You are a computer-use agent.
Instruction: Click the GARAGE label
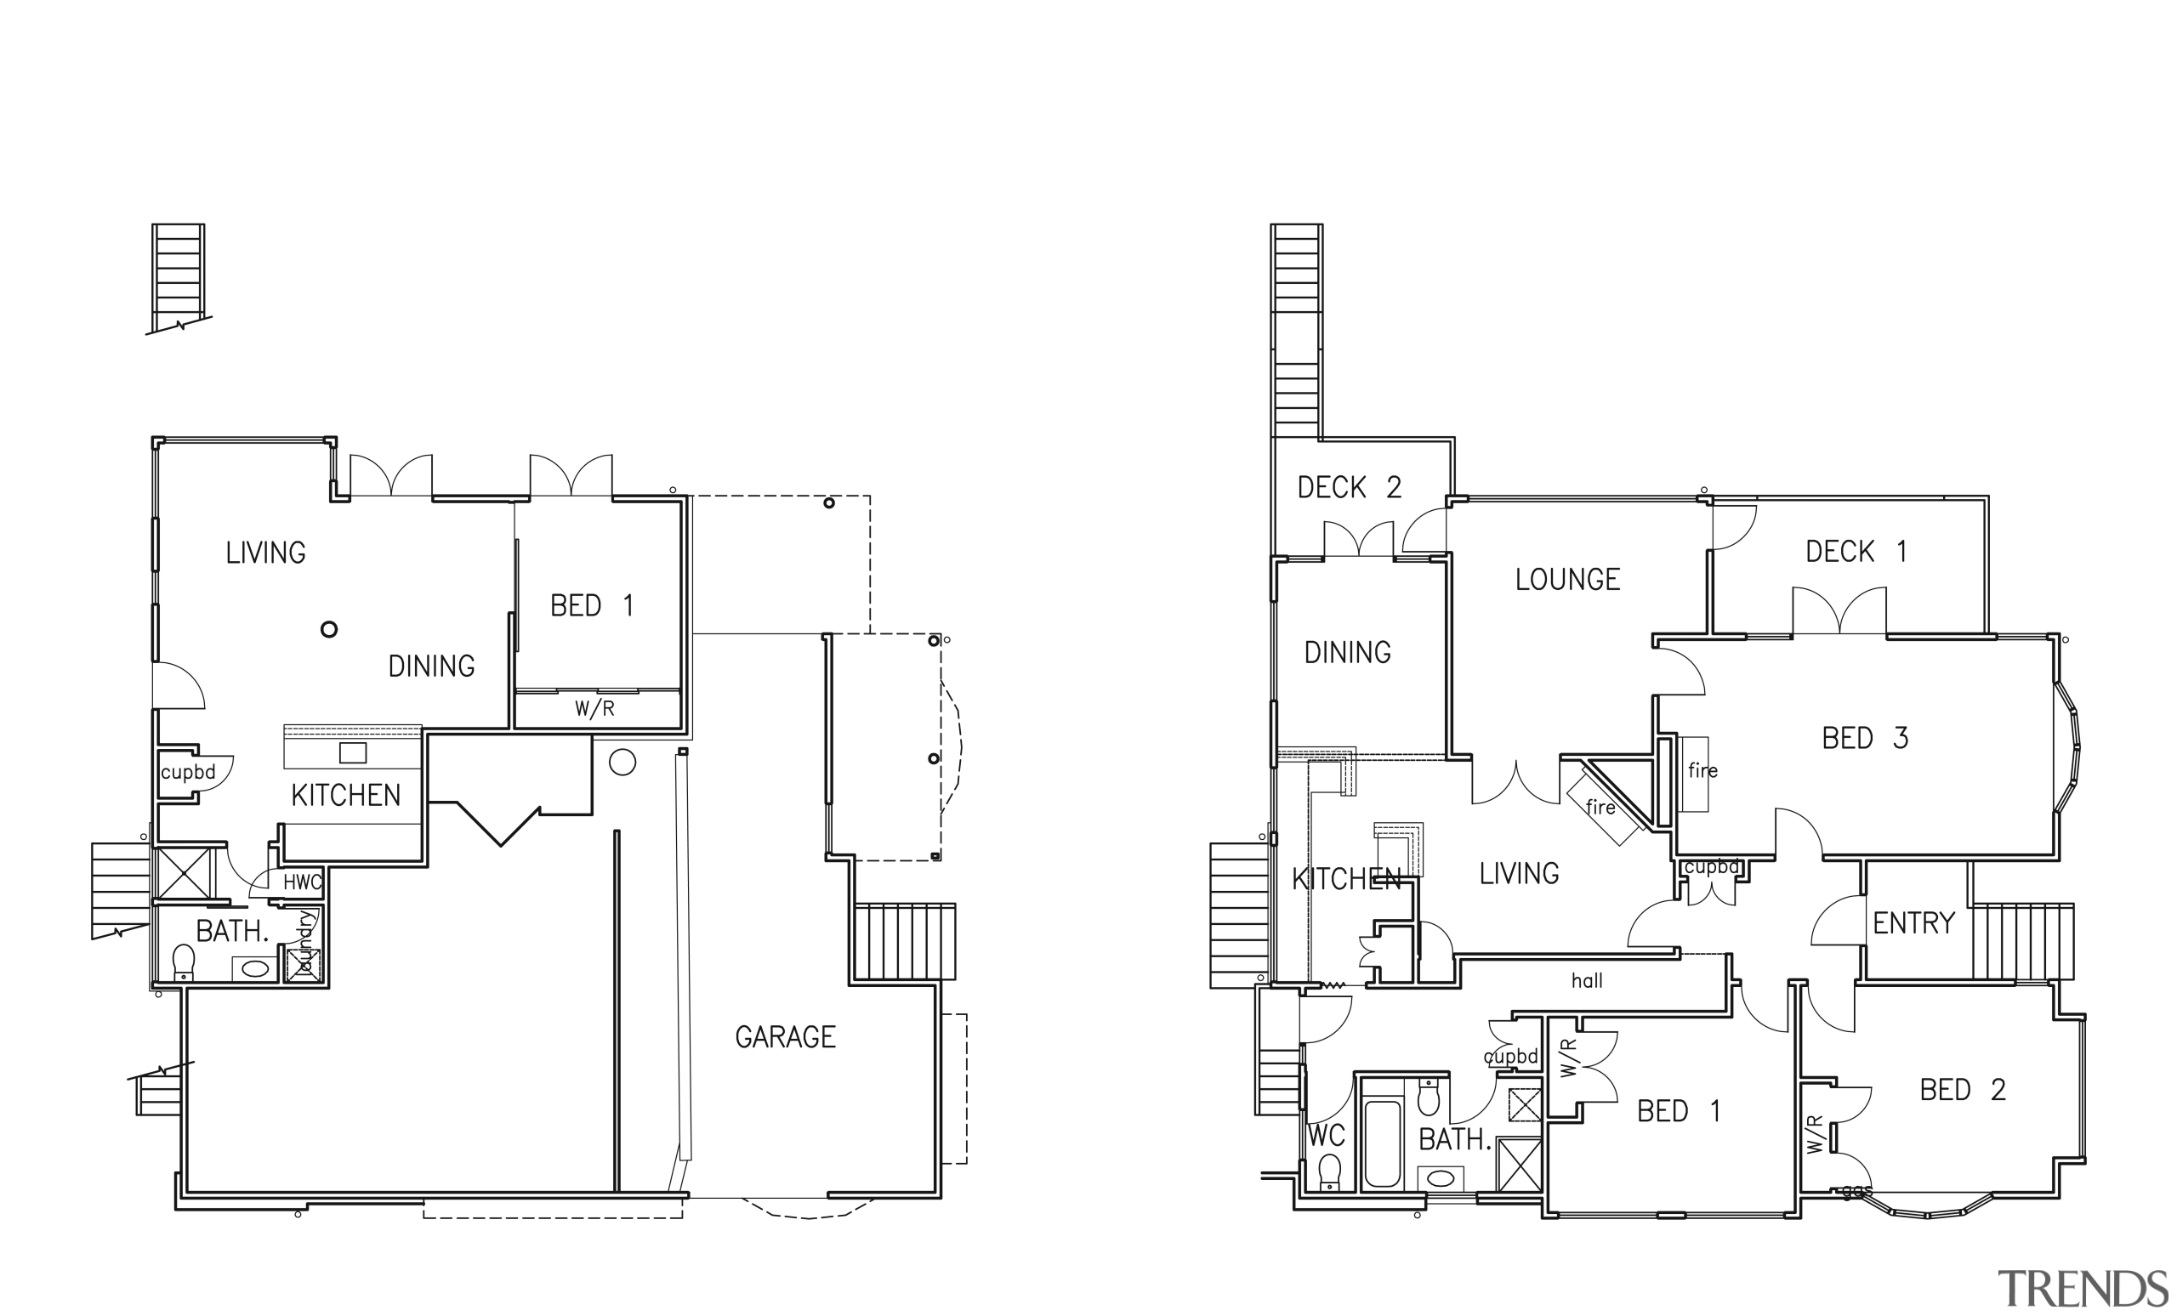tap(785, 1036)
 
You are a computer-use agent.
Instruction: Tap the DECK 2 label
tap(1348, 487)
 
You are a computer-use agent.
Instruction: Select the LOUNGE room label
tap(1567, 580)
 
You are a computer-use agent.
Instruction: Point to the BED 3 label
tap(1864, 738)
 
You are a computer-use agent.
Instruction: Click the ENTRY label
tap(1913, 923)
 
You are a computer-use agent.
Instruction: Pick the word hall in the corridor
tap(1587, 980)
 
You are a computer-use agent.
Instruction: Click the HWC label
tap(302, 882)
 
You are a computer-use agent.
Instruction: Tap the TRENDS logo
tap(2082, 1289)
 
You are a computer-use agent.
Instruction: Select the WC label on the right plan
tap(1325, 1135)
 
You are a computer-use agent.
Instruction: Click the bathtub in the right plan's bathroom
tap(1383, 1143)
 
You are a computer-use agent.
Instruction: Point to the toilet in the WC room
tap(1329, 1172)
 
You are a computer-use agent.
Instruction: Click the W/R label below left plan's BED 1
tap(594, 708)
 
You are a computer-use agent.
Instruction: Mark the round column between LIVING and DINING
tap(328, 630)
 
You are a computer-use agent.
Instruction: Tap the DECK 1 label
tap(1856, 551)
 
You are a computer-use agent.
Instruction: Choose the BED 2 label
tap(1963, 1089)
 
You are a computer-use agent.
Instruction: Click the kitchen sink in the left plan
tap(353, 752)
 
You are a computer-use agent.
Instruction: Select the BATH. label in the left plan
tap(231, 931)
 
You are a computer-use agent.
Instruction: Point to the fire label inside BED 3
tap(1702, 770)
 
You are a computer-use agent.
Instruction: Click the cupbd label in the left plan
tap(187, 772)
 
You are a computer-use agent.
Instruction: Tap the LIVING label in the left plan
tap(265, 553)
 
